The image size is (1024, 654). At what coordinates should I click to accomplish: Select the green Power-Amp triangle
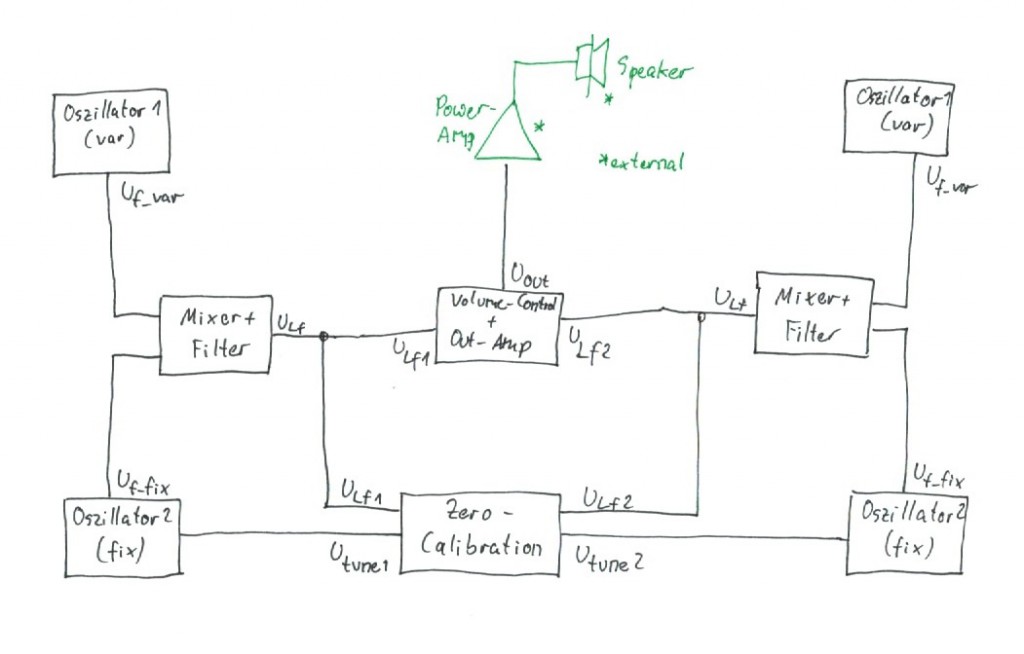tap(508, 135)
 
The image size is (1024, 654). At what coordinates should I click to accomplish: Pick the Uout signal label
tap(530, 276)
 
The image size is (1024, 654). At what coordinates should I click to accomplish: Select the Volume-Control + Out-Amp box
tap(497, 325)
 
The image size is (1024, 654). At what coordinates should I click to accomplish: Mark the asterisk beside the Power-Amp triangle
tap(540, 126)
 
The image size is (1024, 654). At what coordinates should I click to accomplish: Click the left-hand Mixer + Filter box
tap(215, 335)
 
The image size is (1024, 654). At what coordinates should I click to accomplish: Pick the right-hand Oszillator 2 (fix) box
tap(906, 532)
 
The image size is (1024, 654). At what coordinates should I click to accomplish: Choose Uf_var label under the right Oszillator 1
tap(948, 180)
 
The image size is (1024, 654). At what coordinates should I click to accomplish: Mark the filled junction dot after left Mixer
tap(323, 337)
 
